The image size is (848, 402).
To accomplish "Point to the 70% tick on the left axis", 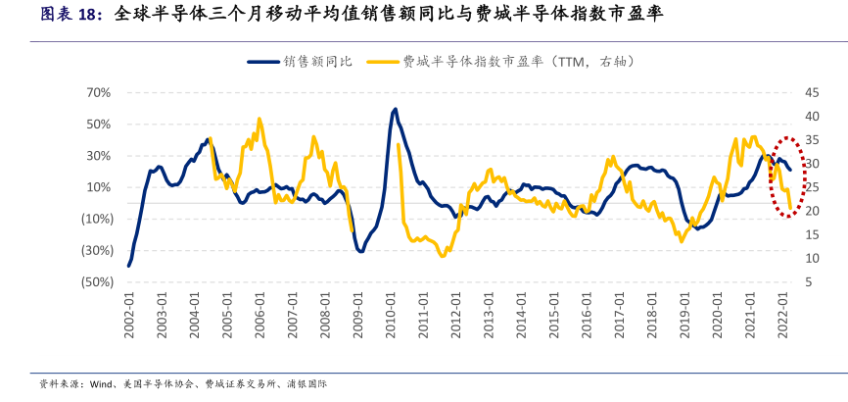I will tap(98, 92).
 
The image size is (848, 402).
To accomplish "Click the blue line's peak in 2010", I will tap(394, 109).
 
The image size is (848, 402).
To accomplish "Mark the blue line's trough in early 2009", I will tap(360, 252).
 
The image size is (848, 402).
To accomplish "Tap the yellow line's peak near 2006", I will tap(259, 120).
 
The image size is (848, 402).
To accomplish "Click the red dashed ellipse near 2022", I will tap(789, 139).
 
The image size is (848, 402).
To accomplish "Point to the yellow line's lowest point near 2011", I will tap(443, 256).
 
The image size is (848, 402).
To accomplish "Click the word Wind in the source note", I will tap(101, 384).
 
